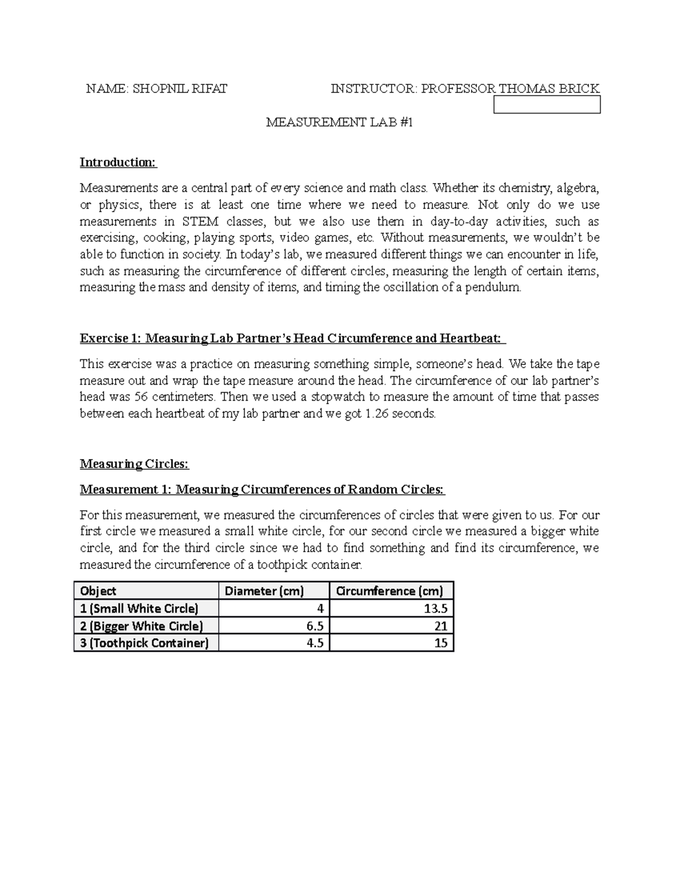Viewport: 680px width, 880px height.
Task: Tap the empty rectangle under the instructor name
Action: (x=547, y=105)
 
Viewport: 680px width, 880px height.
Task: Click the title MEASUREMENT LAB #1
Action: (x=339, y=122)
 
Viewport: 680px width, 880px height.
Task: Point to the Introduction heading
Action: (x=118, y=163)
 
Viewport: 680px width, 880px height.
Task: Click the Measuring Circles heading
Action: (x=134, y=464)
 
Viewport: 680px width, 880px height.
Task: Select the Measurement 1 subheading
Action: (x=262, y=490)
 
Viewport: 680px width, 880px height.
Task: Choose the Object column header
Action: (x=98, y=591)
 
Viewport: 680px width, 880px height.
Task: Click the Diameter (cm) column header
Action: (x=264, y=591)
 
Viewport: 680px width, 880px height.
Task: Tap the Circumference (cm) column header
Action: (x=389, y=591)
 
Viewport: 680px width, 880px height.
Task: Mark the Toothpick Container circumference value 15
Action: (x=440, y=643)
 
